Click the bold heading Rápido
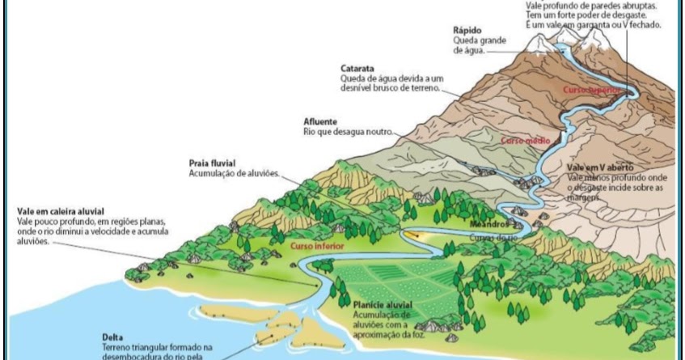tap(468, 30)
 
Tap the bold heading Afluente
tap(319, 121)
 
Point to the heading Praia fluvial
tap(213, 163)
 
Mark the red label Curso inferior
tap(311, 244)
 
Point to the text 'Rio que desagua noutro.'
tap(347, 132)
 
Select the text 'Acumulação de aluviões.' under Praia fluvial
tap(234, 173)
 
